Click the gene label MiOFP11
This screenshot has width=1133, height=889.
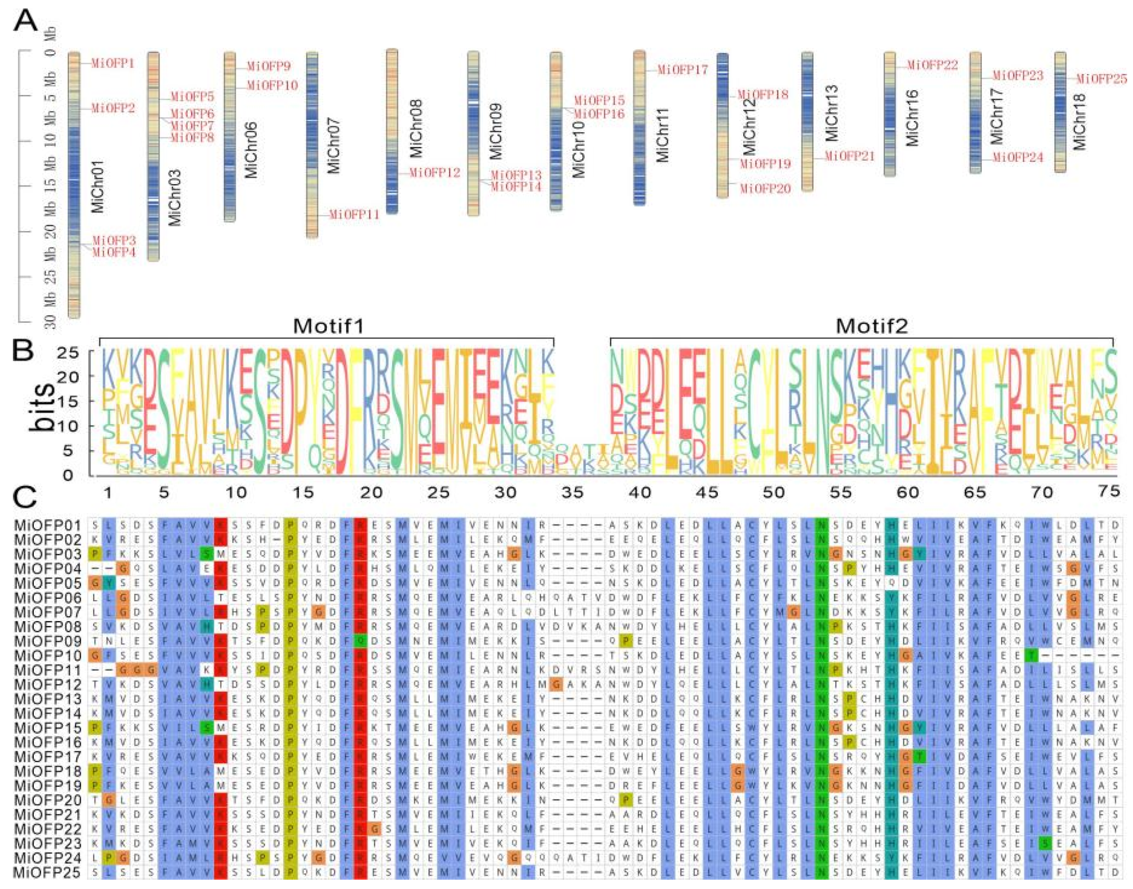pyautogui.click(x=354, y=214)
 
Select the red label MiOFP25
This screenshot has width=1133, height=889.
pyautogui.click(x=1101, y=79)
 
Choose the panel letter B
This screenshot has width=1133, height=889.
pyautogui.click(x=24, y=352)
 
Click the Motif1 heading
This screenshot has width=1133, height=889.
pyautogui.click(x=328, y=326)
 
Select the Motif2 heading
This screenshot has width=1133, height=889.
pyautogui.click(x=872, y=326)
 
